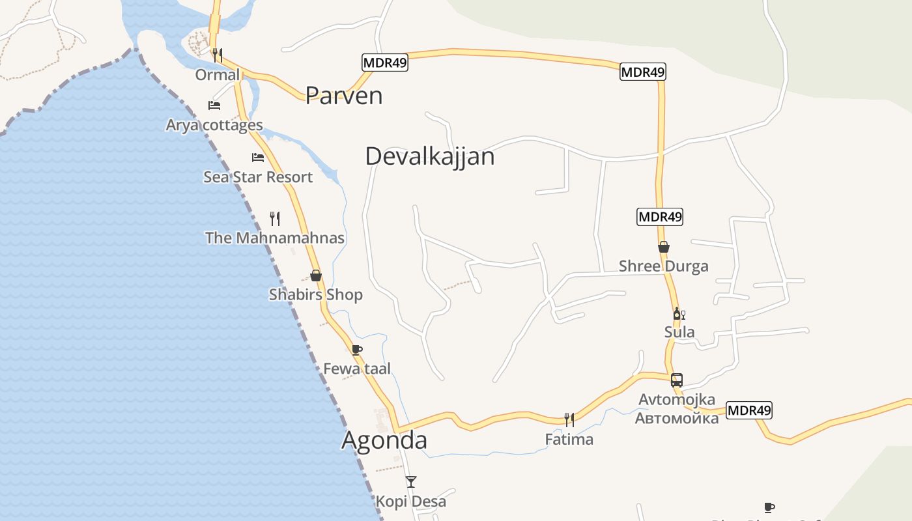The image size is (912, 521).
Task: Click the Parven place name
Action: click(343, 96)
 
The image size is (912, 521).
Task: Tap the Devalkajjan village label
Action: click(429, 156)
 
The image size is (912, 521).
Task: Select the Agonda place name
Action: click(384, 440)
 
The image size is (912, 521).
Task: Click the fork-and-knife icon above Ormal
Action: click(218, 55)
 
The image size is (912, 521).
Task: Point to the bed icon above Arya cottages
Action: click(214, 105)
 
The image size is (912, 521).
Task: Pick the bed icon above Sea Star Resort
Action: click(258, 157)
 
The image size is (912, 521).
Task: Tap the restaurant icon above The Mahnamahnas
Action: click(275, 218)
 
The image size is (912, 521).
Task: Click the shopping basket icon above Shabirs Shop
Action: click(316, 275)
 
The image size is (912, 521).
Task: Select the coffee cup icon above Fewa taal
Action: click(357, 350)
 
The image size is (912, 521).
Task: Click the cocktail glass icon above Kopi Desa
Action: click(410, 482)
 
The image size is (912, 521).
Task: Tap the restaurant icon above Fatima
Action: click(569, 419)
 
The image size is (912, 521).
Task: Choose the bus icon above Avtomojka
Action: click(677, 380)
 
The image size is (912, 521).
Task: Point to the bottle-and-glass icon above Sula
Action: click(679, 314)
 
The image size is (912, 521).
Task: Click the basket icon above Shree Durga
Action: click(664, 247)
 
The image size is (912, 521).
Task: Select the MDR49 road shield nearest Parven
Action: click(384, 63)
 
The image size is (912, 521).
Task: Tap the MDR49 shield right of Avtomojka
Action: click(748, 410)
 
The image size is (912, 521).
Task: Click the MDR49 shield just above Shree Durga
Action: click(659, 217)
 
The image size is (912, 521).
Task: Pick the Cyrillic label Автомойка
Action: click(677, 418)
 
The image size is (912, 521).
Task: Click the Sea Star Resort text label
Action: click(258, 177)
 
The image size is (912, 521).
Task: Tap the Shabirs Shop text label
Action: click(316, 295)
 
